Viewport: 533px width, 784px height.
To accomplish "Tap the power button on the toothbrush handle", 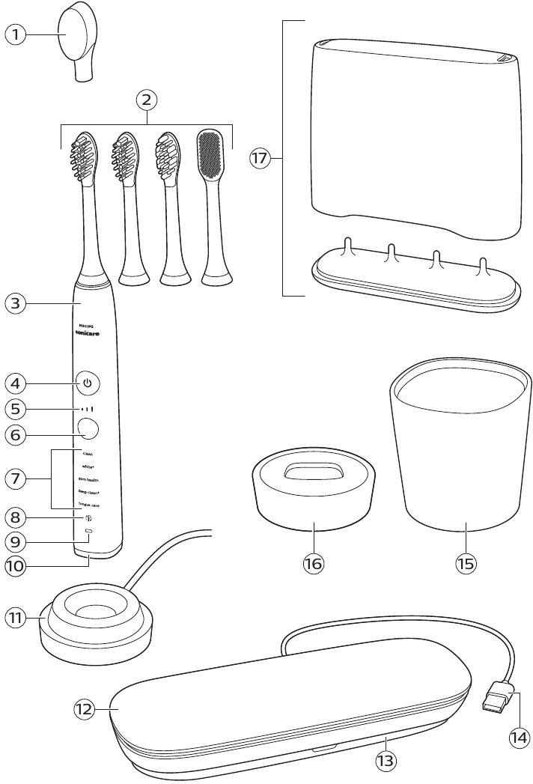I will coord(88,383).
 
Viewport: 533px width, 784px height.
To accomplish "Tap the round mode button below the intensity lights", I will coord(88,429).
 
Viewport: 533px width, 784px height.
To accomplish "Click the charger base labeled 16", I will coord(313,494).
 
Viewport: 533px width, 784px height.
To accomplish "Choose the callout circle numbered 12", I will coord(85,710).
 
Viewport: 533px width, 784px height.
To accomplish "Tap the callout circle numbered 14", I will coord(518,737).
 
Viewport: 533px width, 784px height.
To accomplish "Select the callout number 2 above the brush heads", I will coord(147,98).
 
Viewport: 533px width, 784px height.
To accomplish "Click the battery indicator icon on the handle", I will coord(88,531).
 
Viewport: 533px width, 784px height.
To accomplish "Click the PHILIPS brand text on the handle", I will coord(88,326).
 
